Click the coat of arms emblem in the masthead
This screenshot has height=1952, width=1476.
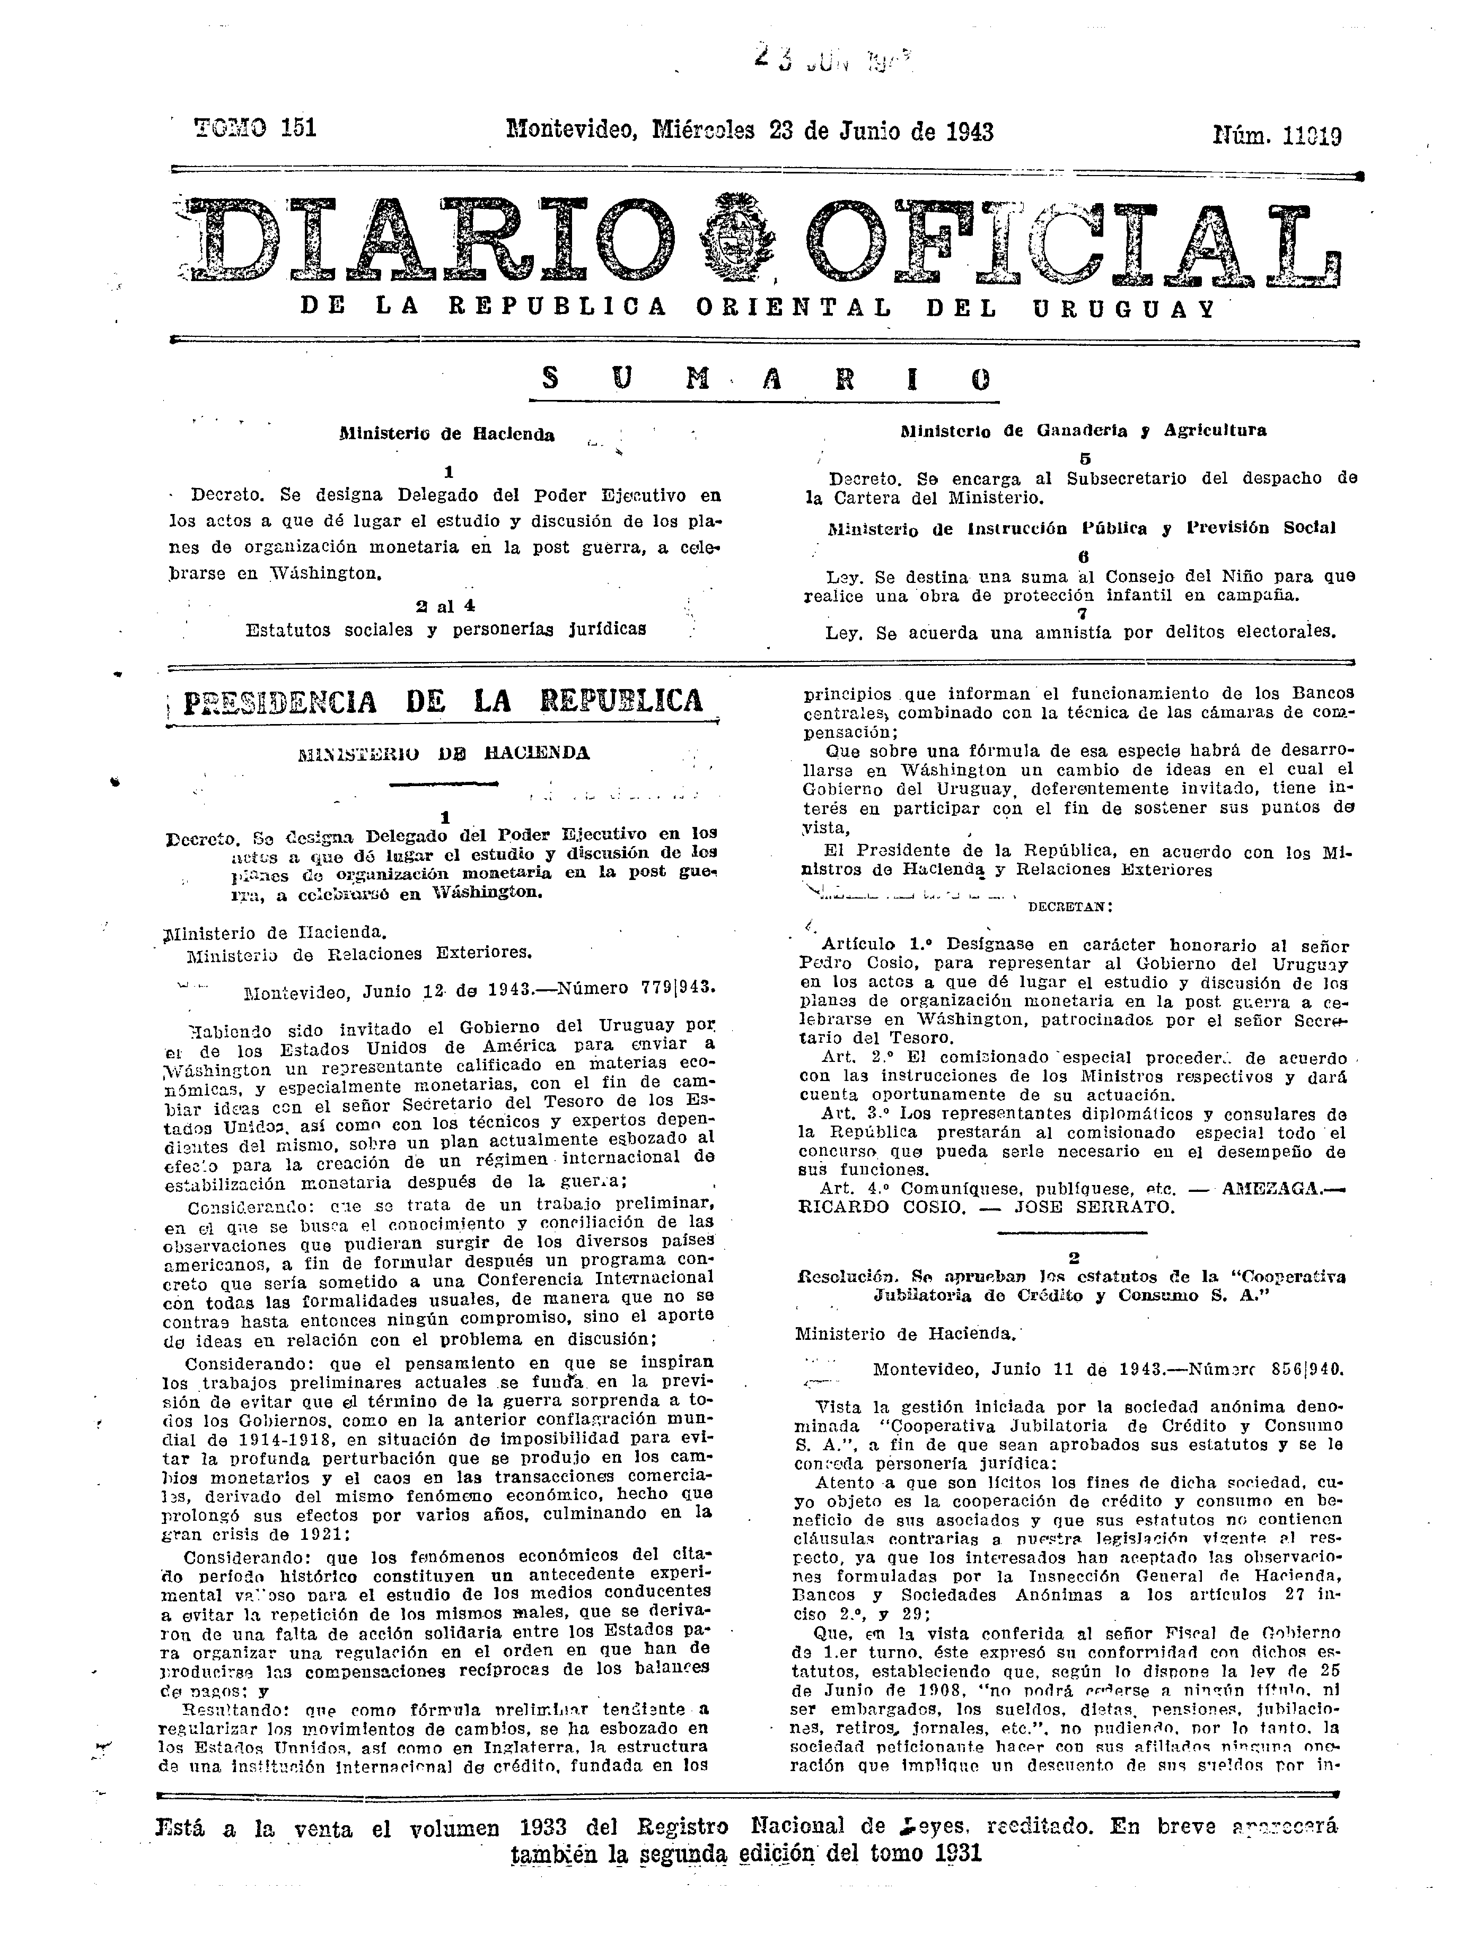point(737,238)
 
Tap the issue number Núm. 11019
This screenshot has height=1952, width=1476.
point(1277,135)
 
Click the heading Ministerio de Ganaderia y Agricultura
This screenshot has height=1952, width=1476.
point(1083,431)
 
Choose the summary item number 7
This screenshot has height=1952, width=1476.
point(1083,613)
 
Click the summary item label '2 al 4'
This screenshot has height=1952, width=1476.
point(445,606)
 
